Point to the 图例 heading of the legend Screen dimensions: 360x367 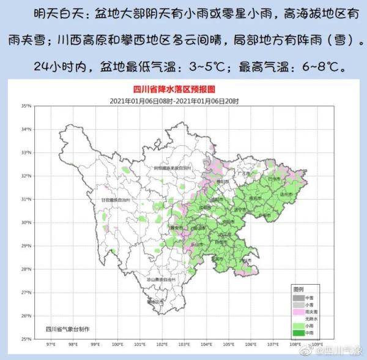(x=298, y=289)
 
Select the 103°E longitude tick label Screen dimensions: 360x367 (x=184, y=344)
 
